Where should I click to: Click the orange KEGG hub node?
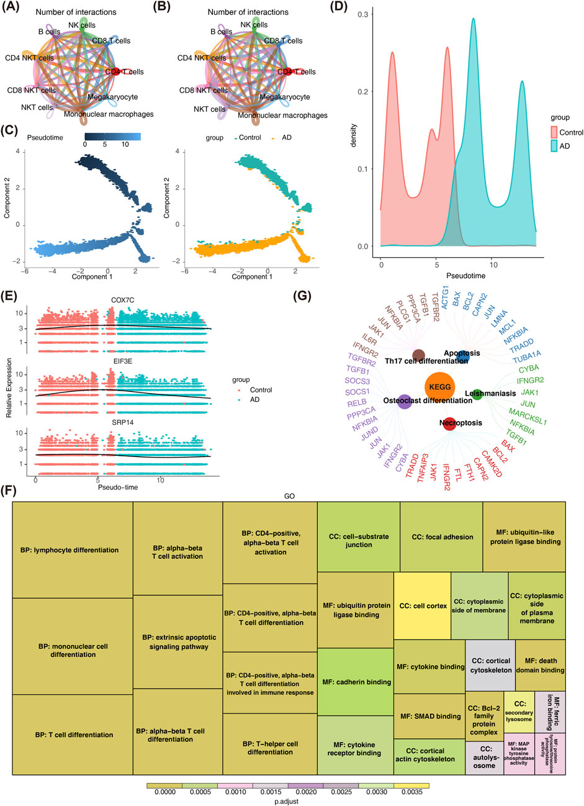pyautogui.click(x=439, y=387)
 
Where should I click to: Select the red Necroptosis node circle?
pyautogui.click(x=451, y=424)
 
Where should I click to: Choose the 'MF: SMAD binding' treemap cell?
pyautogui.click(x=429, y=716)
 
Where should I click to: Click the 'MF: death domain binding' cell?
pyautogui.click(x=540, y=665)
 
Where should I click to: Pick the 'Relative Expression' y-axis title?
pyautogui.click(x=9, y=389)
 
